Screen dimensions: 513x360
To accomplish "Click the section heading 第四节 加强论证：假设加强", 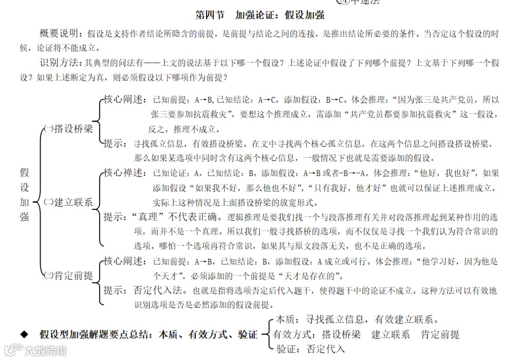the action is coord(260,15).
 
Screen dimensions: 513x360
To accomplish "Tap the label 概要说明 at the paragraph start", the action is coord(61,34).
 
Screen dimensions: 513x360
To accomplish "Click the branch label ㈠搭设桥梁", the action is coord(68,129).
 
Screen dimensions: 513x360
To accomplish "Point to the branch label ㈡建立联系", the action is coord(68,202).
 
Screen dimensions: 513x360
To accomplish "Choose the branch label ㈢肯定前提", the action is coord(68,275).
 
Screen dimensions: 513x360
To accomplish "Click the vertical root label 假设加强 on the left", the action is coord(24,195).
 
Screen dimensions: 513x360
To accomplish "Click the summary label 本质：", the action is coord(290,320).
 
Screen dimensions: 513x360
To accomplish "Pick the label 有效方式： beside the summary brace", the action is coord(294,335).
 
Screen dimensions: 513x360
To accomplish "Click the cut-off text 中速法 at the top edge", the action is coord(365,2).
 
